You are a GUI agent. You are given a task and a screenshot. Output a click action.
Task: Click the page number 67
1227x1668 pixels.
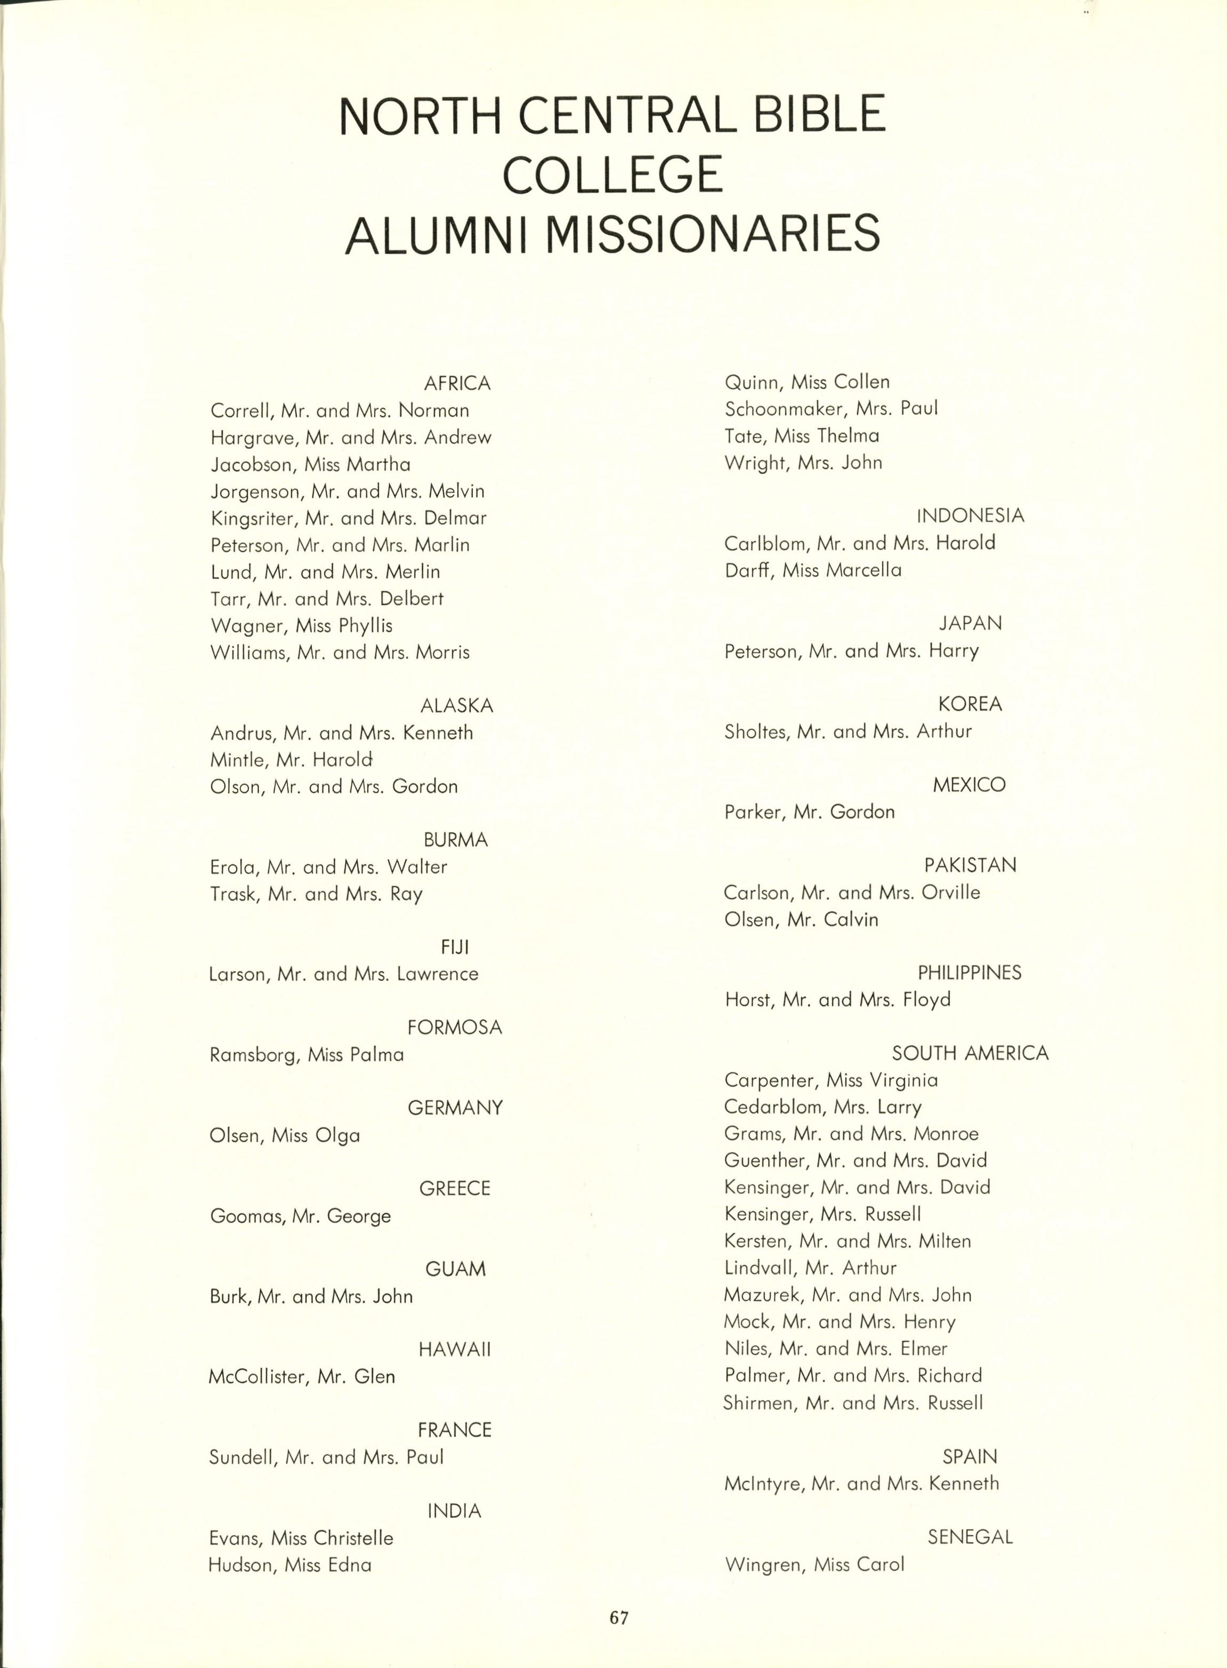619,1617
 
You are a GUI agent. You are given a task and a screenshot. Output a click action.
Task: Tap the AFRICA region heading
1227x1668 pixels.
457,383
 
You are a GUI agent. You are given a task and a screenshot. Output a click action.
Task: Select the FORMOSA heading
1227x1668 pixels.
455,1028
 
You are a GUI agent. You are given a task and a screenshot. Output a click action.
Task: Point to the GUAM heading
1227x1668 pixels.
455,1269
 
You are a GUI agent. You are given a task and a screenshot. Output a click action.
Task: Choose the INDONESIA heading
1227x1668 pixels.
970,516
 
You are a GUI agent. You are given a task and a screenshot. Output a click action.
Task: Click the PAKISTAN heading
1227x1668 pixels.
970,865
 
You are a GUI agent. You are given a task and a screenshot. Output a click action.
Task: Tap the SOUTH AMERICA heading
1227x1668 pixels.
970,1053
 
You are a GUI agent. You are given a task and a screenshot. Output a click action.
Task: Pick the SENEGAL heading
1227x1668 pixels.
970,1537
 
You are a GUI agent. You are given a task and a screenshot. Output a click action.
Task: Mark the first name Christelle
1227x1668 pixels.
353,1538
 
